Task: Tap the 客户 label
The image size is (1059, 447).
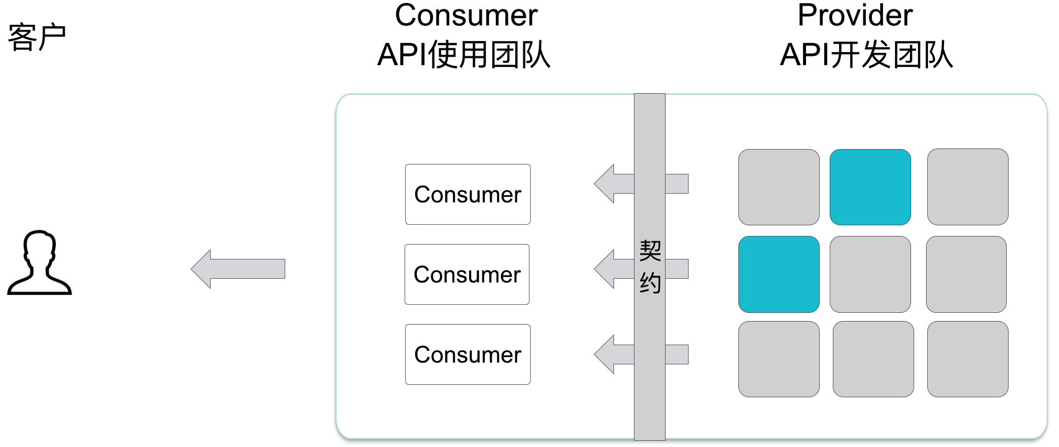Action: pos(37,37)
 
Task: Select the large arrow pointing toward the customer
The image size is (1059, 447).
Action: pos(238,269)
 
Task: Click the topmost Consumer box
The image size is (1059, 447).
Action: pos(467,194)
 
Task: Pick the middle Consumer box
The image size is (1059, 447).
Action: pos(467,274)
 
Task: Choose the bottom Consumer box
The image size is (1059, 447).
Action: pos(467,354)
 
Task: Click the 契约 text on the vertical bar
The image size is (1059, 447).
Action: pos(649,267)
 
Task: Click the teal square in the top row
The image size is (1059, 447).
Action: pos(870,187)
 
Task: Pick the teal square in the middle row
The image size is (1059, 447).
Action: pos(779,274)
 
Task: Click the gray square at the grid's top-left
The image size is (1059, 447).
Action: pos(779,187)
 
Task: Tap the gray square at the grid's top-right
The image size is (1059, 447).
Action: pos(968,187)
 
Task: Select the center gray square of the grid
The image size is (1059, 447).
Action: pos(870,274)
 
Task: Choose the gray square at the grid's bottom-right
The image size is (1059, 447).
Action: pos(968,359)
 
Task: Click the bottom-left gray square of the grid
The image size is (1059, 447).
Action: pos(779,359)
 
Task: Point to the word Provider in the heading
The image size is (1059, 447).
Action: pos(855,16)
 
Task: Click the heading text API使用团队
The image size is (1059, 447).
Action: pos(464,55)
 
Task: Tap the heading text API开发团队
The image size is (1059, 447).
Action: pos(866,55)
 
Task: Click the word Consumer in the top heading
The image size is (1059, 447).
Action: pos(466,16)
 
